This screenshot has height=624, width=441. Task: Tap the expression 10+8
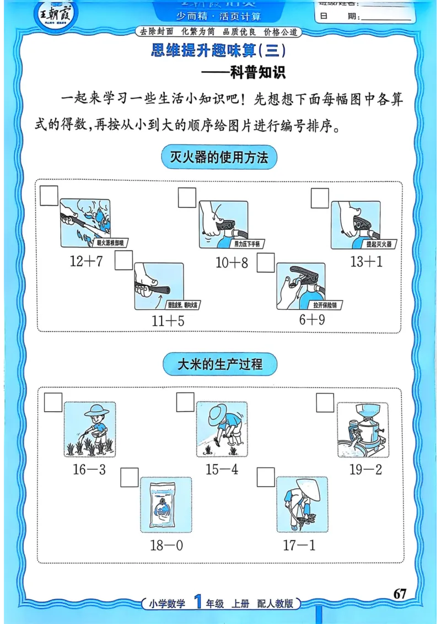tap(232, 263)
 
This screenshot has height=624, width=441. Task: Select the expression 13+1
tap(366, 262)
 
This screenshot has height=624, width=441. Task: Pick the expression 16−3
tap(89, 470)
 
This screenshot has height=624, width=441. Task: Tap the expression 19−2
tap(365, 470)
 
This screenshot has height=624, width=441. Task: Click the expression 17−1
tap(299, 546)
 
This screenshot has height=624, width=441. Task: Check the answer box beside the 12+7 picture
tap(49, 196)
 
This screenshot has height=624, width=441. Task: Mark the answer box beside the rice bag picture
tap(130, 477)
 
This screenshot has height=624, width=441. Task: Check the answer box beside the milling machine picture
tap(325, 403)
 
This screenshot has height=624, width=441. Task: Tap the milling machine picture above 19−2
tap(362, 430)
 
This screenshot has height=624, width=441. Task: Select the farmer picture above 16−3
tap(90, 429)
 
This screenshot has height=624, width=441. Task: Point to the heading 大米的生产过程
tap(220, 364)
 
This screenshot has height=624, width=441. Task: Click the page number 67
tap(400, 594)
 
